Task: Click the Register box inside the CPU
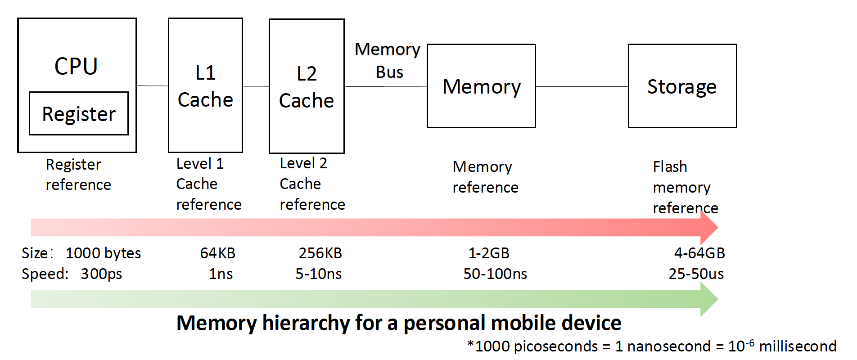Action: [79, 113]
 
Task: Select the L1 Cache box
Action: [205, 85]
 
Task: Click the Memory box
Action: [481, 86]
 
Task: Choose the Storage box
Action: [682, 86]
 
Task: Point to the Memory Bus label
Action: [388, 60]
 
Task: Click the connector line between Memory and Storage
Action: [582, 86]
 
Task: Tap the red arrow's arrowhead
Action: [709, 227]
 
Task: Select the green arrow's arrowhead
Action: [709, 299]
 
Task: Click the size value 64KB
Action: [217, 253]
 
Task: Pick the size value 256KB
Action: [320, 253]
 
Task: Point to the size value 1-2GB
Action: [489, 253]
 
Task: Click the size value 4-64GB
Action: [699, 253]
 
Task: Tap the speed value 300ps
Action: [101, 274]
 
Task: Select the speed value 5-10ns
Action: [318, 274]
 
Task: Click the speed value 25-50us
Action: [696, 274]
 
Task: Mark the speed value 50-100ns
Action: [495, 274]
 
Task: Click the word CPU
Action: [76, 66]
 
